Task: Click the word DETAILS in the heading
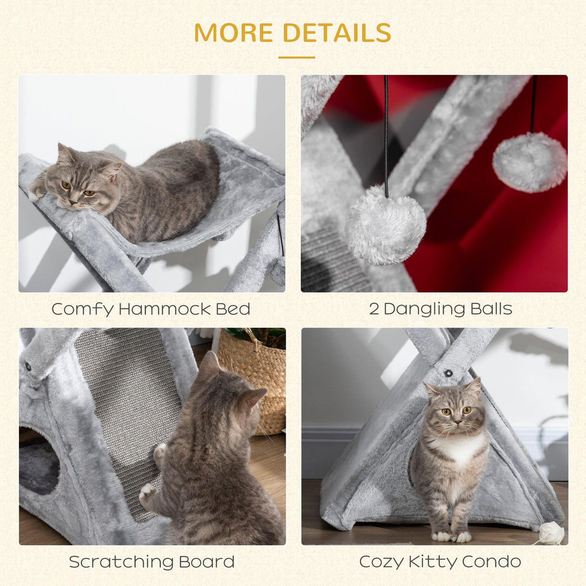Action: pyautogui.click(x=337, y=33)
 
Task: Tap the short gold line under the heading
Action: pyautogui.click(x=296, y=57)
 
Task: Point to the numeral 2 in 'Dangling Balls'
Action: pyautogui.click(x=374, y=309)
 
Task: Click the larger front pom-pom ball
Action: pyautogui.click(x=385, y=226)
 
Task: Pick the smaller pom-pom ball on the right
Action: pyautogui.click(x=530, y=163)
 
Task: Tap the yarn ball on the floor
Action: pyautogui.click(x=551, y=533)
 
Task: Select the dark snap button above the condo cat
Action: pyautogui.click(x=449, y=373)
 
